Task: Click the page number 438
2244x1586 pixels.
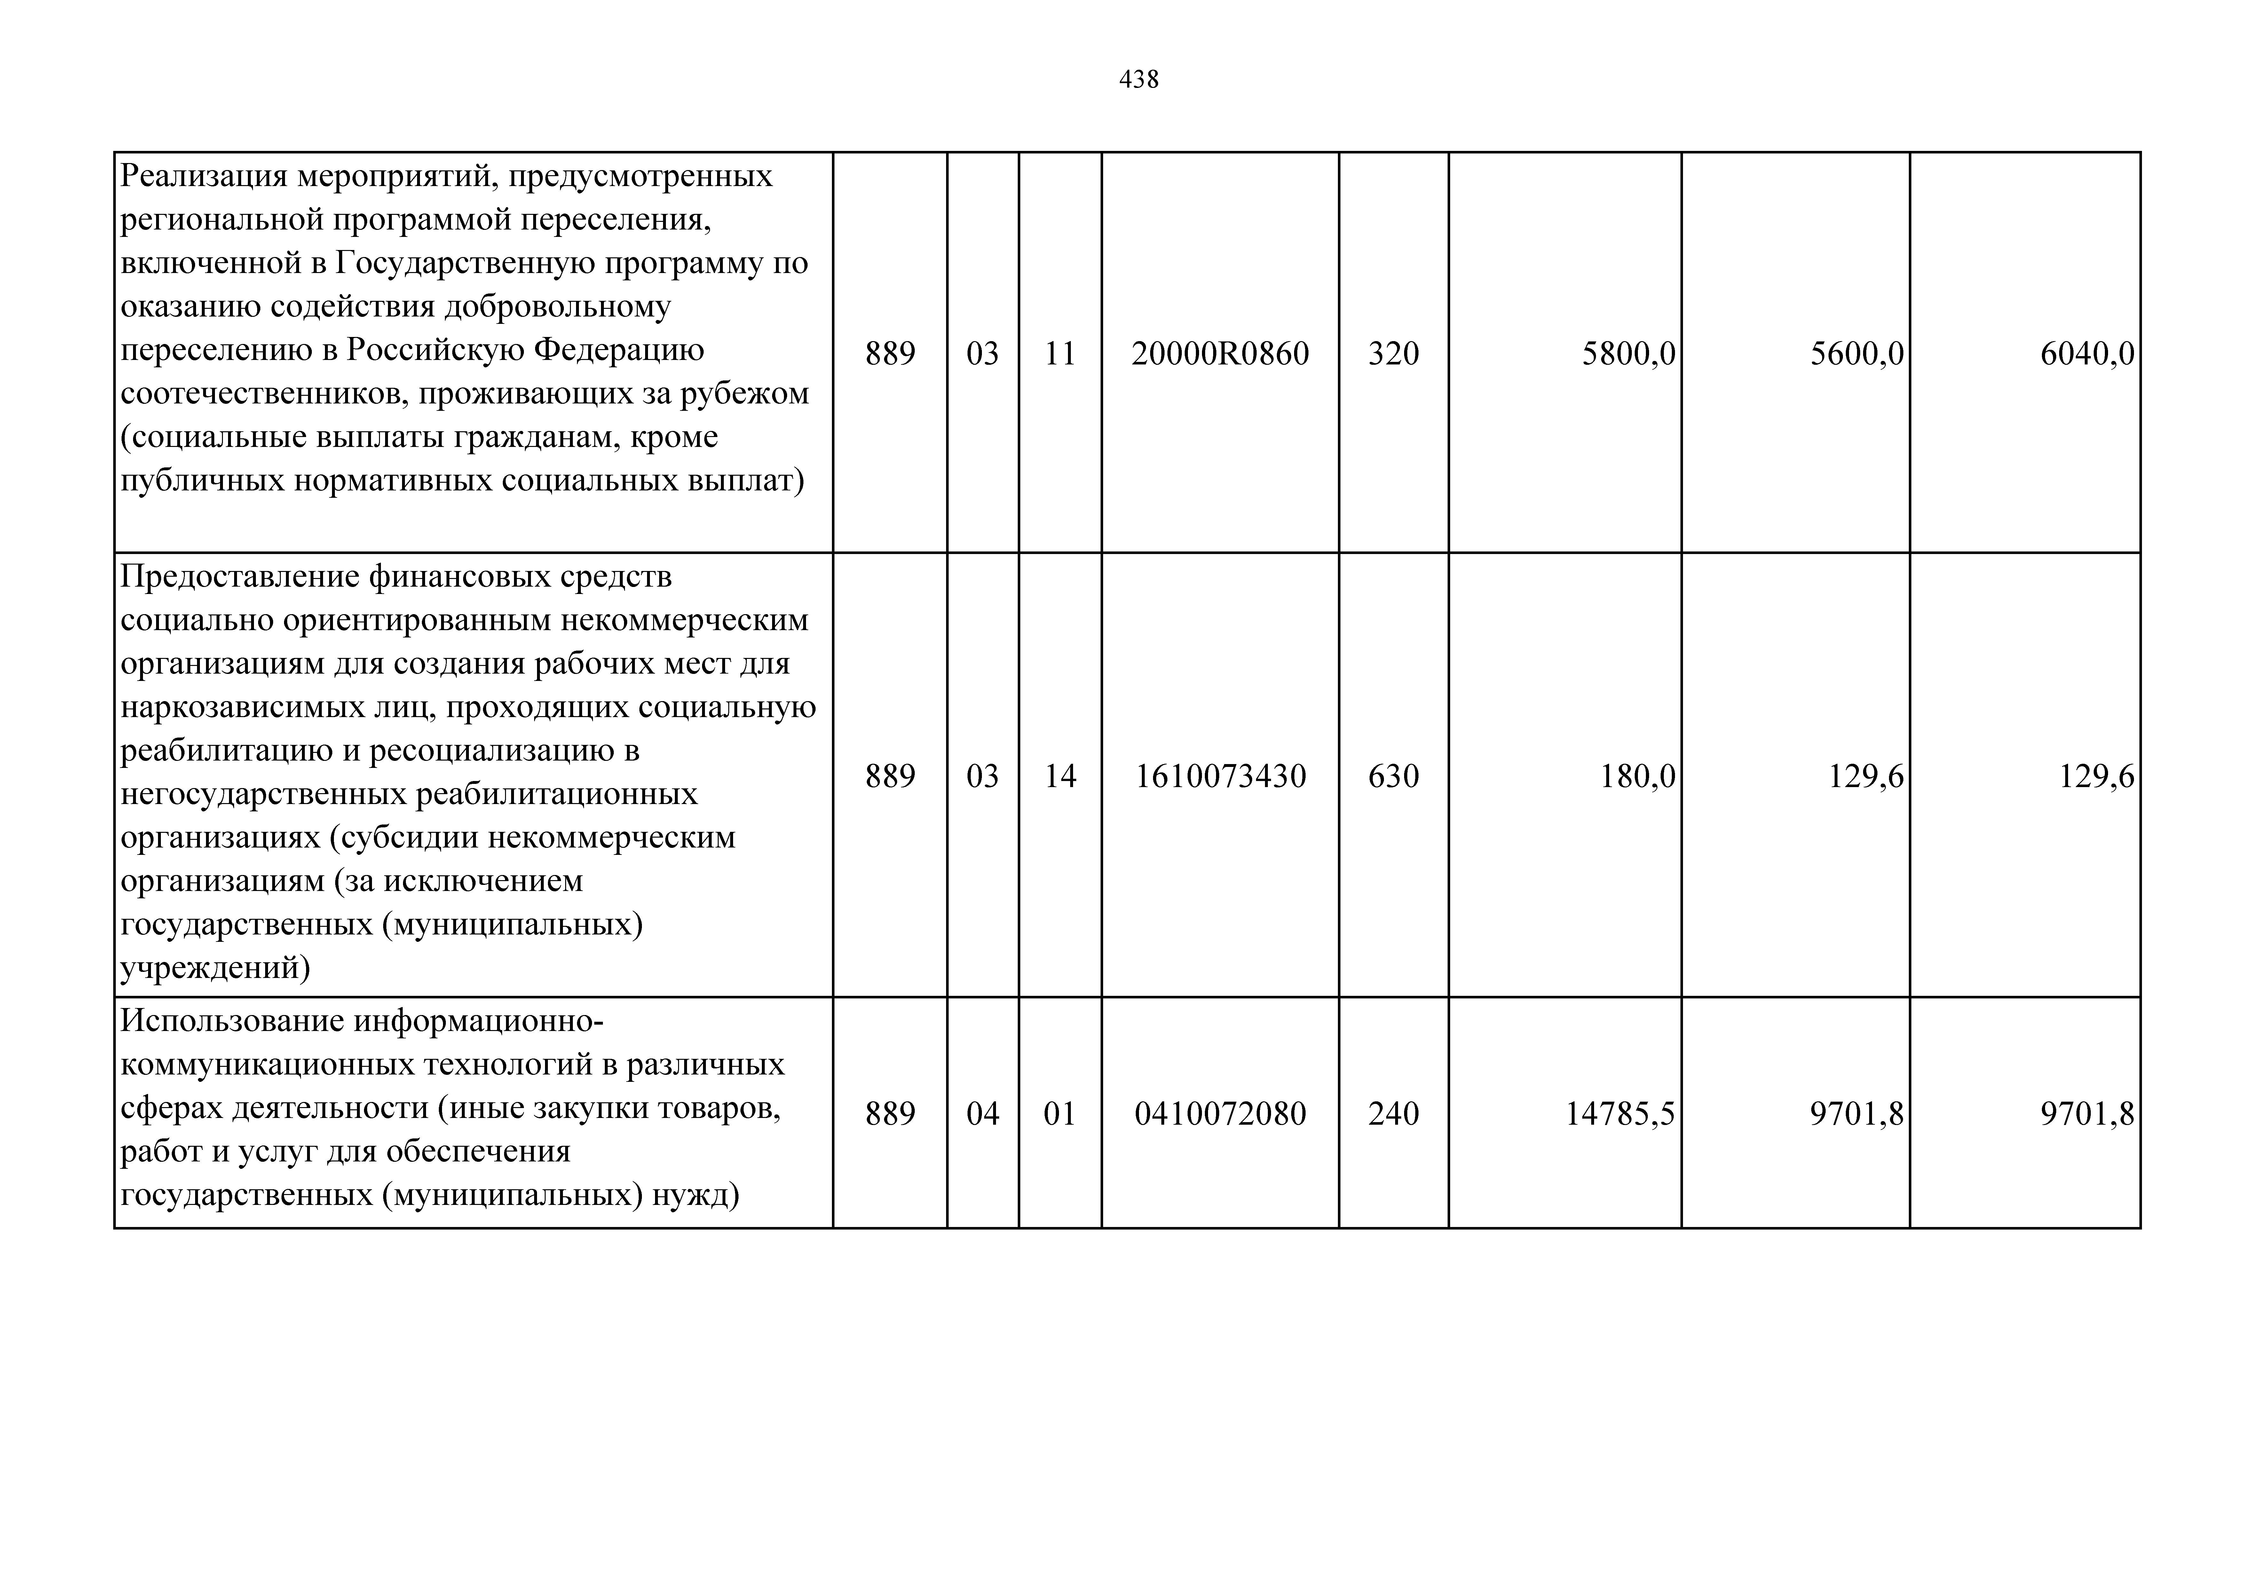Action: tap(1139, 79)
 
